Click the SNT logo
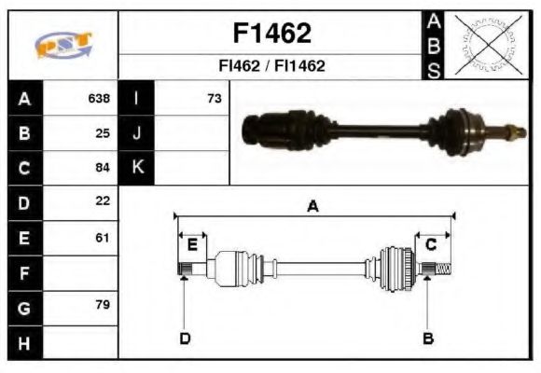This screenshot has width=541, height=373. (x=63, y=45)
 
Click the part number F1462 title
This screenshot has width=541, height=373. (x=271, y=34)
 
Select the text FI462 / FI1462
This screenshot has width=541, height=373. (x=271, y=66)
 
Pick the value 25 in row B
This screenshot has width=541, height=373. (x=103, y=132)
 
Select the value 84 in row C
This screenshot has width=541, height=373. (x=103, y=168)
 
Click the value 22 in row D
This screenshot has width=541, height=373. (x=103, y=200)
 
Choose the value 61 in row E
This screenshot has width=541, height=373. (x=103, y=238)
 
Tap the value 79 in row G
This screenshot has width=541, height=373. (x=103, y=306)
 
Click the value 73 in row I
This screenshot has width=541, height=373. (x=214, y=98)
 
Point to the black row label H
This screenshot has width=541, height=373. (x=24, y=343)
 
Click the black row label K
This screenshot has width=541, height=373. (x=137, y=168)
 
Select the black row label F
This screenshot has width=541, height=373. (x=24, y=273)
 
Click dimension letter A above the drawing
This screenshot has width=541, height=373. (x=313, y=207)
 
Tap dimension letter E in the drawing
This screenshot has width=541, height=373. (x=192, y=245)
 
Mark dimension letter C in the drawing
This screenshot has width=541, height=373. (x=431, y=245)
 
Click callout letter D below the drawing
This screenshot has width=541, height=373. (x=185, y=338)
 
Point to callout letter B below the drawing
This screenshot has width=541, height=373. (x=427, y=338)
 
